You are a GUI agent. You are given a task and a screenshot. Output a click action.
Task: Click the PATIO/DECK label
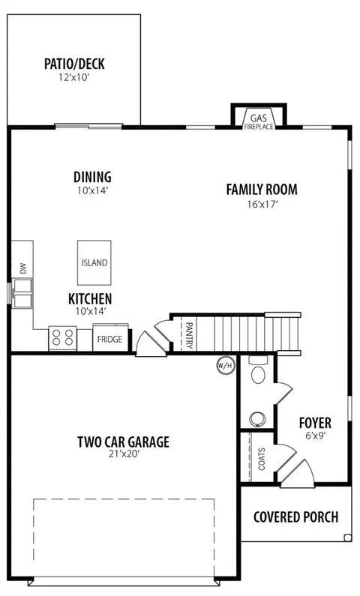(x=74, y=64)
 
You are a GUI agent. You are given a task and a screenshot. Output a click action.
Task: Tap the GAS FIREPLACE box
(x=259, y=115)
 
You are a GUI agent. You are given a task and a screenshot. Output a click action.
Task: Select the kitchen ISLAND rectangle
(x=94, y=262)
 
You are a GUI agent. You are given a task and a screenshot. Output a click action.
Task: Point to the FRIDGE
(x=110, y=338)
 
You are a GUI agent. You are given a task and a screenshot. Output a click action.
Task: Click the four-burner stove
(x=63, y=338)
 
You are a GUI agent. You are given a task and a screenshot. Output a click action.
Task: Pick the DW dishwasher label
(x=23, y=268)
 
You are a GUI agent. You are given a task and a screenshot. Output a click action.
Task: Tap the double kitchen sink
(x=22, y=293)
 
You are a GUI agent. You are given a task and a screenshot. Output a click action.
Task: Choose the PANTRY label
(x=189, y=335)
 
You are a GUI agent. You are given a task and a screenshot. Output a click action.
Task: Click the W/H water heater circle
(x=226, y=366)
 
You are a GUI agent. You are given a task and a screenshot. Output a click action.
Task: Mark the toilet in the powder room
(x=259, y=370)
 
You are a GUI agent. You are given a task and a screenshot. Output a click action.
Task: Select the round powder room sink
(x=257, y=418)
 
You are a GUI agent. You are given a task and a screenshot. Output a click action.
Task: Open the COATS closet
(x=262, y=459)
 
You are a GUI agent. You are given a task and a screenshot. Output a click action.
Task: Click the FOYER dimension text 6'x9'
(x=315, y=436)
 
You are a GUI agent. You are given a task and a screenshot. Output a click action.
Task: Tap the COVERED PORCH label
(x=295, y=517)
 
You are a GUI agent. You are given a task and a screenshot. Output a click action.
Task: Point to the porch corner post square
(x=347, y=538)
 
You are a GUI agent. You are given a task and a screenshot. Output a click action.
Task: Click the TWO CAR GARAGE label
(x=124, y=442)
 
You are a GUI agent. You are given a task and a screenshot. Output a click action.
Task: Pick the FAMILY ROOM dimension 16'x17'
(x=262, y=205)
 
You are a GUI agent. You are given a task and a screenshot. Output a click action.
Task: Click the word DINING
(x=92, y=177)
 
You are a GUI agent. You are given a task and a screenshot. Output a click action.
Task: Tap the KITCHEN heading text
(x=90, y=299)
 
